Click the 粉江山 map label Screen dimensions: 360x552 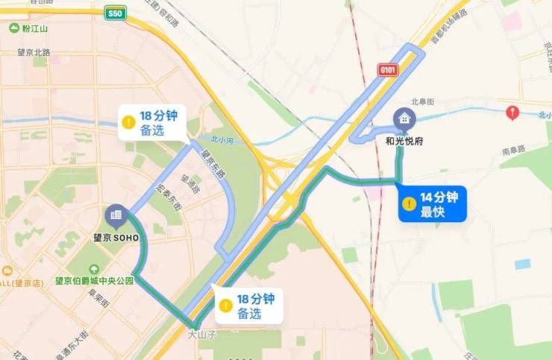pos(34,29)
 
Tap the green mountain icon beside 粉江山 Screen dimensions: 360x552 pos(13,29)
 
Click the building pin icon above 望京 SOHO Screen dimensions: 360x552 pos(116,215)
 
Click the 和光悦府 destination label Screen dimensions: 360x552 pos(404,139)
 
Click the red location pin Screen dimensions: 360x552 pos(512,113)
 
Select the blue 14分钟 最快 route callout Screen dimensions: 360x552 pos(432,203)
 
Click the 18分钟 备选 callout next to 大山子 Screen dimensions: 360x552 pos(248,306)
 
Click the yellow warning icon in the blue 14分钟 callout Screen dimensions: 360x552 pos(409,203)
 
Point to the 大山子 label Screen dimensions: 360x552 pos(201,335)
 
